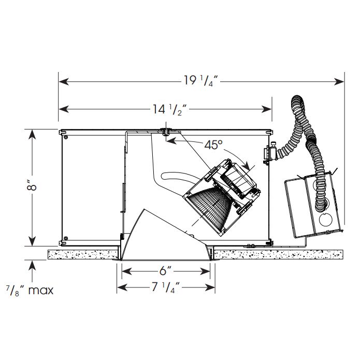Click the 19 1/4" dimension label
click(x=201, y=81)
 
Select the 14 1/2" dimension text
click(x=170, y=109)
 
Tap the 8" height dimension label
click(x=32, y=186)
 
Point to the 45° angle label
click(x=213, y=145)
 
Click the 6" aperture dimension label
click(x=166, y=271)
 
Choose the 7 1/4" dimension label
click(x=166, y=287)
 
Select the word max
click(x=41, y=291)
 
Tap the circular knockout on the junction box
click(x=326, y=220)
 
